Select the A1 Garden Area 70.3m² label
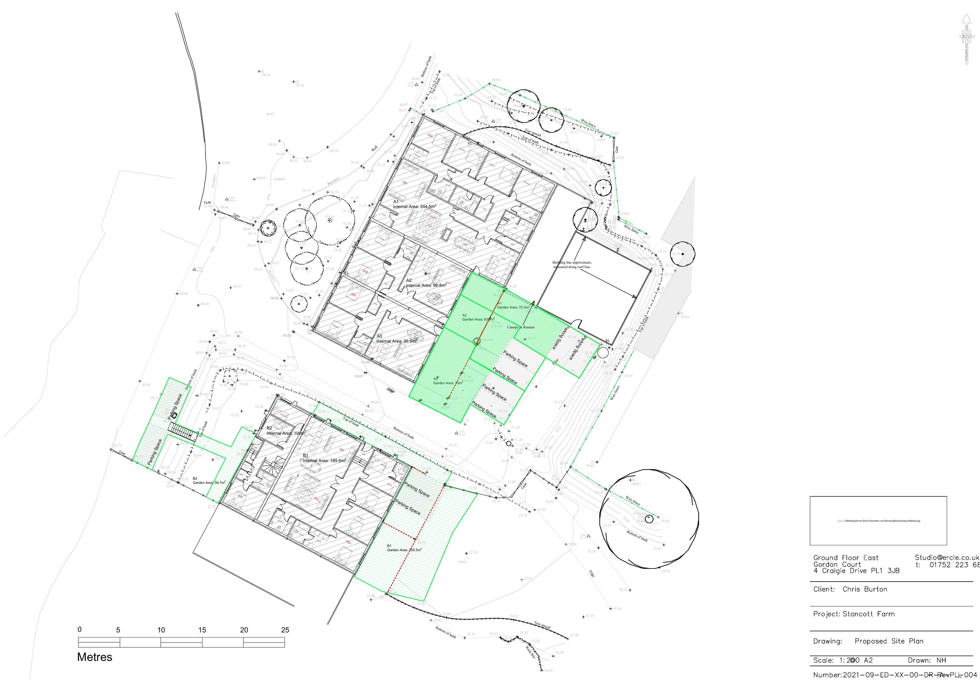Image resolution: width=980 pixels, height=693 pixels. pos(513,306)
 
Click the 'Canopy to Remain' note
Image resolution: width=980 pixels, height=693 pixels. pos(520,327)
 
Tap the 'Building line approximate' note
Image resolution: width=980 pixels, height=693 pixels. pos(572,265)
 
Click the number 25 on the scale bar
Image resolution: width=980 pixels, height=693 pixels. pos(285,630)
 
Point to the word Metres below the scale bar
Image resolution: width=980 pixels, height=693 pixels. pos(95,657)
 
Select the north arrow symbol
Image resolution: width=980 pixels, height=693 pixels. pos(966,39)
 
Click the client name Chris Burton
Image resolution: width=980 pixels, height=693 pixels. pos(865,589)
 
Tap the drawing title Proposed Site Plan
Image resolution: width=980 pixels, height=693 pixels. pos(889,641)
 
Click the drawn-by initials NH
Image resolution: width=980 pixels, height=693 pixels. pos(941,661)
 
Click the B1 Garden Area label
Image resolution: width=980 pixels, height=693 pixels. pos(404,548)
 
